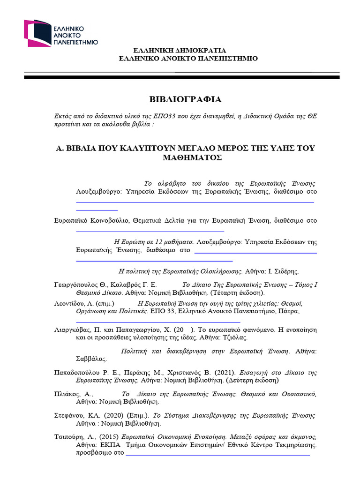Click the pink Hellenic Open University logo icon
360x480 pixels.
pyautogui.click(x=37, y=33)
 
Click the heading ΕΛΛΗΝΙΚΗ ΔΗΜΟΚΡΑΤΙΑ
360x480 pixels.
pyautogui.click(x=180, y=50)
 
